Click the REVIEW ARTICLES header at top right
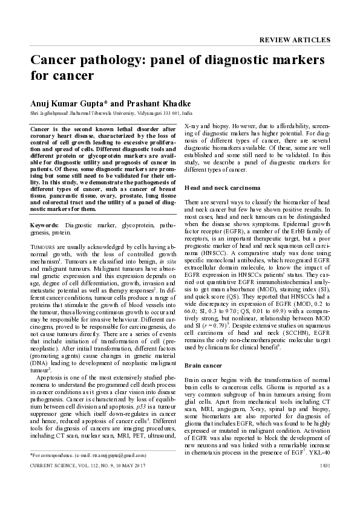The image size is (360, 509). tap(295, 41)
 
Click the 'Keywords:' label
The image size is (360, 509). tap(44, 225)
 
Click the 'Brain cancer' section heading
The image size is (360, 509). tap(203, 349)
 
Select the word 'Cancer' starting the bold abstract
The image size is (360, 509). tap(42, 129)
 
